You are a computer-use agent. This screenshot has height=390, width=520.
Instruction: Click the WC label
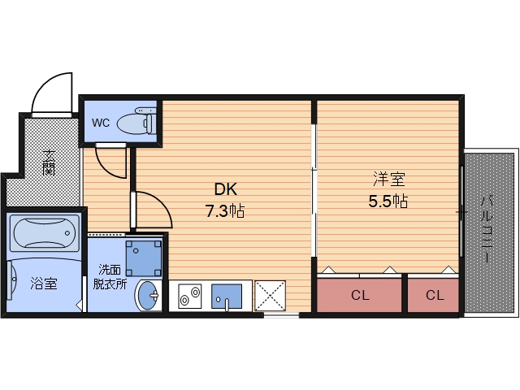(101, 123)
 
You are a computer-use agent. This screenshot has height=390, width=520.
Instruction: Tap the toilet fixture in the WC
(137, 121)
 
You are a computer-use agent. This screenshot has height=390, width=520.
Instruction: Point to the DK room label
(226, 189)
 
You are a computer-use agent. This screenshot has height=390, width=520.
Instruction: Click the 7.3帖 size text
(225, 211)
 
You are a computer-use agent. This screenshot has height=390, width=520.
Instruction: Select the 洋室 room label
(388, 179)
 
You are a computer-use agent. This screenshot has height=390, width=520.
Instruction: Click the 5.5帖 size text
(388, 201)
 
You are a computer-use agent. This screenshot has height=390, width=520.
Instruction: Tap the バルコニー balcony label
(487, 229)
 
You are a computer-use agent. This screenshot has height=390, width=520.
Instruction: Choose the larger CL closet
(359, 295)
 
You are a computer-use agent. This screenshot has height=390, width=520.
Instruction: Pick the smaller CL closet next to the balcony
(433, 295)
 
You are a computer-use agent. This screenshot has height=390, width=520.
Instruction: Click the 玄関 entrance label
(49, 162)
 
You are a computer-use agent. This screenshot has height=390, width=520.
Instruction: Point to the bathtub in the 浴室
(44, 233)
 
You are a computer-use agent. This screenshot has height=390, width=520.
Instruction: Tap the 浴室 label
(44, 284)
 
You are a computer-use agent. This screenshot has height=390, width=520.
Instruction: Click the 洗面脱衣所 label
(110, 277)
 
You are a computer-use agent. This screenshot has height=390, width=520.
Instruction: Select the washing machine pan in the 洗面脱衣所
(144, 258)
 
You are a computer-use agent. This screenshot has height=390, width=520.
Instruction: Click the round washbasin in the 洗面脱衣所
(149, 295)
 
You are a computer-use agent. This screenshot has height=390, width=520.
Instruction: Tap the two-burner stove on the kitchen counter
(189, 296)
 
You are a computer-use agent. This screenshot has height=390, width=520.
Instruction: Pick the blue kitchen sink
(227, 296)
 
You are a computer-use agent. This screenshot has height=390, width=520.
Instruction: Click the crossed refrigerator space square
(271, 296)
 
